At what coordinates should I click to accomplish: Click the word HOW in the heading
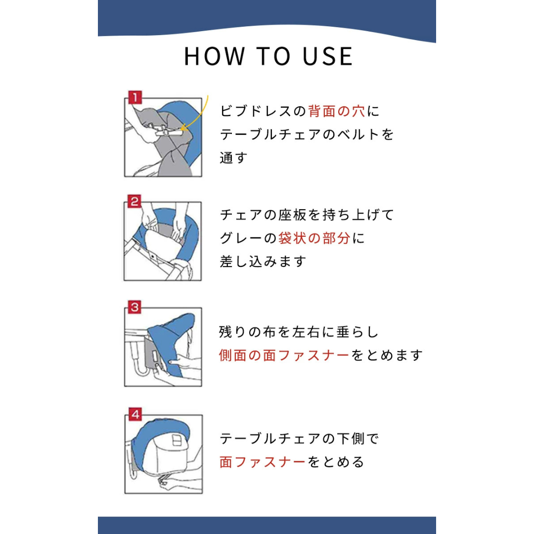coord(215,56)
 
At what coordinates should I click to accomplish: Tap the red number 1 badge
coord(135,97)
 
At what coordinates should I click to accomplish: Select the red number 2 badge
coord(134,201)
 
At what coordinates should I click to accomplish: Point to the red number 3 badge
coord(134,307)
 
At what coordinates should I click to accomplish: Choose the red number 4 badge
coord(135,414)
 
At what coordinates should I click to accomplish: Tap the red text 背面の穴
coord(337,111)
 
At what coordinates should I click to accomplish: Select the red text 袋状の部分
coord(314,238)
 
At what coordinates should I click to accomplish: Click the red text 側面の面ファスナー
coord(284,355)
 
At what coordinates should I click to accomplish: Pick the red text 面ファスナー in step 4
coord(263,462)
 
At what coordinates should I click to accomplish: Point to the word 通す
coord(233,158)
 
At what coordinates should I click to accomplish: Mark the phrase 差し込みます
coord(263,262)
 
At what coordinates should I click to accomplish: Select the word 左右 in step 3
coord(307,332)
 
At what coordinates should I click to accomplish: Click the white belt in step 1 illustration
coord(167,131)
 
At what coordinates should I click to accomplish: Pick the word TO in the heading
coord(273,56)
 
